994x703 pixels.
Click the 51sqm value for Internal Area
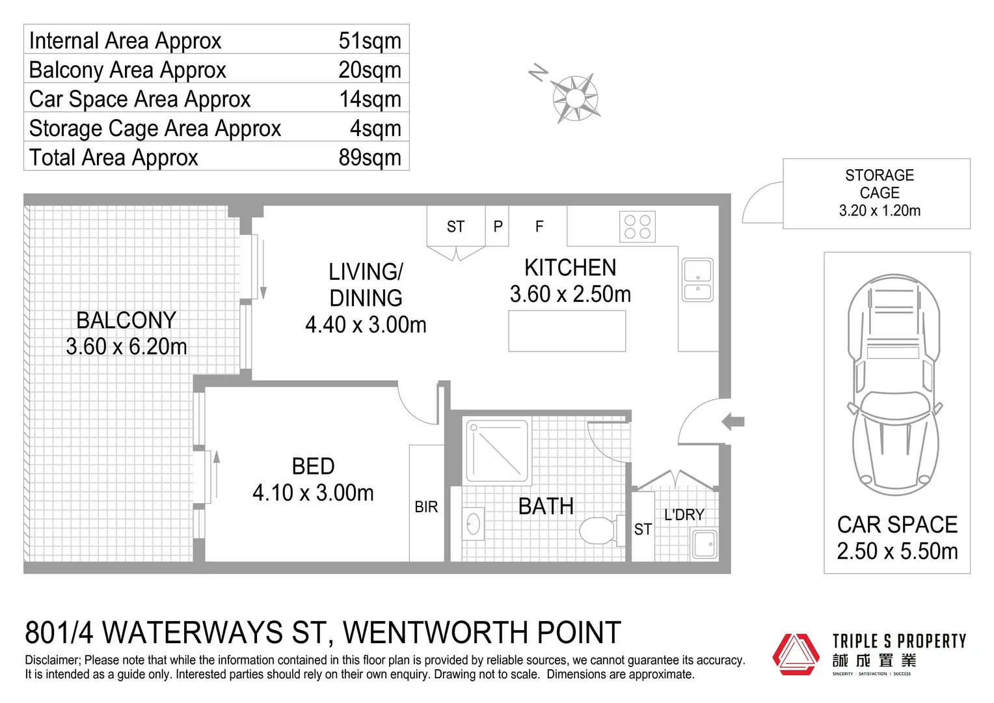tap(369, 40)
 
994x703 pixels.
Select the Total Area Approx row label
tap(113, 158)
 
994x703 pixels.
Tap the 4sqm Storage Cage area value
tap(375, 128)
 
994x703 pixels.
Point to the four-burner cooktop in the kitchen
tap(637, 227)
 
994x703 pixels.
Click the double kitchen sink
tap(697, 280)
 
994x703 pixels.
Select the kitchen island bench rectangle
tap(567, 331)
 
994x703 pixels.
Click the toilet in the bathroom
tap(597, 531)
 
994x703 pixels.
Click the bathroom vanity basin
tap(473, 523)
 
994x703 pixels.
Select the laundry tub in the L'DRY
tap(704, 544)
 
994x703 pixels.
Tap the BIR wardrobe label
tap(426, 507)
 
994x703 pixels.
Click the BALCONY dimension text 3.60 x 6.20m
tap(126, 346)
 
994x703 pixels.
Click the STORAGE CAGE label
tap(879, 184)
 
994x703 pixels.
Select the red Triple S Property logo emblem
tap(795, 654)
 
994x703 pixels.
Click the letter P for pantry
tap(498, 227)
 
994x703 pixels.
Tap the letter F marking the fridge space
tap(539, 227)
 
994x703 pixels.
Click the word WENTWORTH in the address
tap(435, 633)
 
